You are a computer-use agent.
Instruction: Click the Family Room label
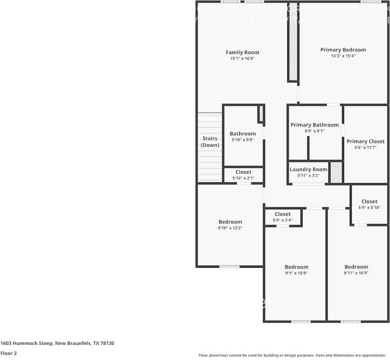pos(242,52)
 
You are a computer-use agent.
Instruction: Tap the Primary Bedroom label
pos(343,50)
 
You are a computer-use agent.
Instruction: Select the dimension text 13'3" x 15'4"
pos(343,56)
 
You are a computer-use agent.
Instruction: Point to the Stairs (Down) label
pos(210,142)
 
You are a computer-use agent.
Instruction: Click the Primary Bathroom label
pos(315,125)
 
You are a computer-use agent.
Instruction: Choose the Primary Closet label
pos(365,142)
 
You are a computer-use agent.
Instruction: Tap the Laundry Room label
pos(308,169)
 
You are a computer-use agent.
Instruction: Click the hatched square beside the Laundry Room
pos(336,173)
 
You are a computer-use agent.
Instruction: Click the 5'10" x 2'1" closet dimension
pos(243,178)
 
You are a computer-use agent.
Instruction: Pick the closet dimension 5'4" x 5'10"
pos(369,208)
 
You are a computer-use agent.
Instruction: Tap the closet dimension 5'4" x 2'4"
pos(282,221)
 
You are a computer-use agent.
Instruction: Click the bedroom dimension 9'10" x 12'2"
pos(230,228)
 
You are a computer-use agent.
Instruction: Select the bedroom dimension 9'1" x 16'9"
pos(296,273)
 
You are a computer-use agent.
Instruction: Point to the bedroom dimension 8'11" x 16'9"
pos(356,273)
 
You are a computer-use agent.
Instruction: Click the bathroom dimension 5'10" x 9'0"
pos(243,140)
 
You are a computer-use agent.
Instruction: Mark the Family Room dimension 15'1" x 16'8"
pos(242,58)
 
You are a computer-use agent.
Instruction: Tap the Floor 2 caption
pos(8,353)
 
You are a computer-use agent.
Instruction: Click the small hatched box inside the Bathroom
pos(261,114)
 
